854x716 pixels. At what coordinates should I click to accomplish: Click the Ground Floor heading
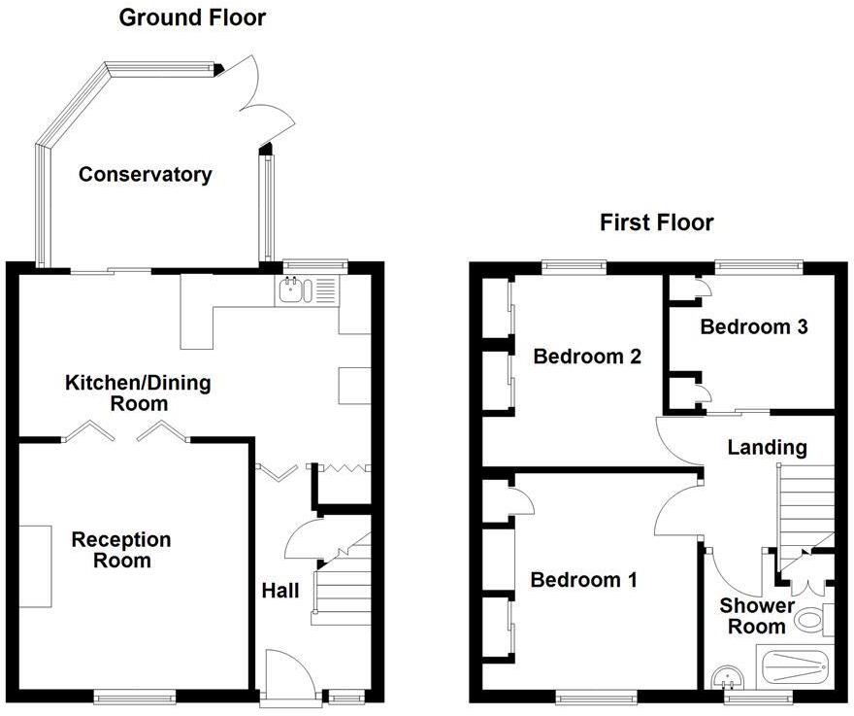pyautogui.click(x=191, y=17)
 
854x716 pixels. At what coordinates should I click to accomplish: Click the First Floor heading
pyautogui.click(x=656, y=222)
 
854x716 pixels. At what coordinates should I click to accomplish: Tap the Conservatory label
pyautogui.click(x=145, y=175)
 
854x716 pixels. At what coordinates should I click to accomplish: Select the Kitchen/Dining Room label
pyautogui.click(x=137, y=392)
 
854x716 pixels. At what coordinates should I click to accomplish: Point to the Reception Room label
pyautogui.click(x=120, y=550)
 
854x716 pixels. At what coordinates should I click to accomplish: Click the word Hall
pyautogui.click(x=279, y=590)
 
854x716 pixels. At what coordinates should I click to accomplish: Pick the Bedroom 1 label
pyautogui.click(x=583, y=580)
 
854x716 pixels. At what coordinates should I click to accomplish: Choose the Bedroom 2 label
pyautogui.click(x=587, y=357)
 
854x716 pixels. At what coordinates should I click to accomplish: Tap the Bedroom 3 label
pyautogui.click(x=754, y=326)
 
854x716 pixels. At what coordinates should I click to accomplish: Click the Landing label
pyautogui.click(x=767, y=447)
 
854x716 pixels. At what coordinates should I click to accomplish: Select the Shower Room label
pyautogui.click(x=757, y=617)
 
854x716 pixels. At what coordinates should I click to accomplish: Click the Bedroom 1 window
pyautogui.click(x=596, y=696)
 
